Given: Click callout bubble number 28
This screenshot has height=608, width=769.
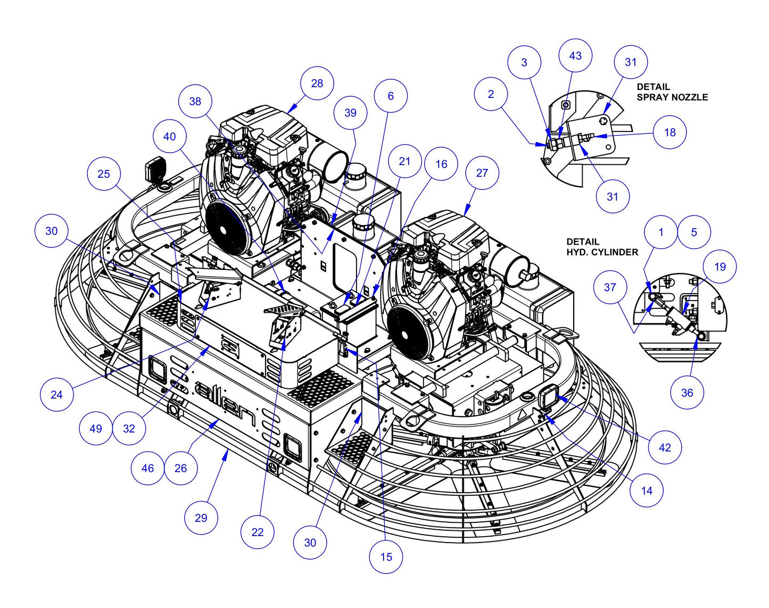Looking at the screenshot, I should click(x=317, y=83).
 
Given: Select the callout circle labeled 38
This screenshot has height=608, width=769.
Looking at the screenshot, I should click(x=195, y=101).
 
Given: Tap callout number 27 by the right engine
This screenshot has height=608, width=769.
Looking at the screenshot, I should click(x=482, y=173).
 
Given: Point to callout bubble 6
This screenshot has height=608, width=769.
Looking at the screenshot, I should click(x=391, y=96).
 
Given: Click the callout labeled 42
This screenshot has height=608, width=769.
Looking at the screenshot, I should click(x=665, y=447).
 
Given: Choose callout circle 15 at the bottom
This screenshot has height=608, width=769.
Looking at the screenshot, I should click(x=386, y=556).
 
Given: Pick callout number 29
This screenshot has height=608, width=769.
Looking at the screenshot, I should click(x=201, y=518).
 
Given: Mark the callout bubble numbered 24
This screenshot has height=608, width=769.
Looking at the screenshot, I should click(x=56, y=394).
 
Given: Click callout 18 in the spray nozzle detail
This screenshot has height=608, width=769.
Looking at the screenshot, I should click(x=669, y=132).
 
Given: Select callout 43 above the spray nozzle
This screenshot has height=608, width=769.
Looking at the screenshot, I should click(x=575, y=56).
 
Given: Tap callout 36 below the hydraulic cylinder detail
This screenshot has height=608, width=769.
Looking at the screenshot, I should click(x=687, y=393).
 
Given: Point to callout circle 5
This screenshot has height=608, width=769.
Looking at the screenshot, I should click(x=694, y=232).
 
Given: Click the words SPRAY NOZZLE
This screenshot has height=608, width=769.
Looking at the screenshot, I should click(x=672, y=97).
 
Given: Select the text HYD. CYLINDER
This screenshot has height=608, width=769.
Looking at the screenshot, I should click(x=602, y=252).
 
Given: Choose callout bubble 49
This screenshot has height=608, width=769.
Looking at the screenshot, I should click(x=96, y=428).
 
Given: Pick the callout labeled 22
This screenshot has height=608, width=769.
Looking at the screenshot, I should click(x=257, y=532).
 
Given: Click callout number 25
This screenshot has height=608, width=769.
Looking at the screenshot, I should click(x=104, y=173).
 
